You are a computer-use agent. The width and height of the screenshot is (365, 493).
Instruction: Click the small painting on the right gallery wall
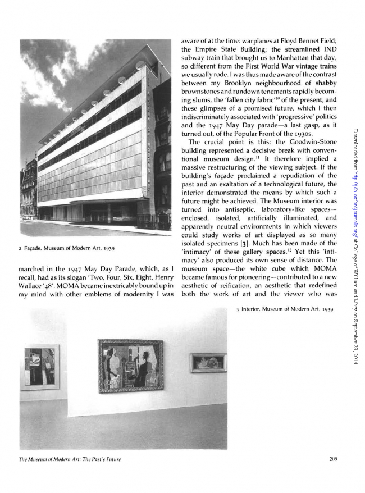click(208, 363)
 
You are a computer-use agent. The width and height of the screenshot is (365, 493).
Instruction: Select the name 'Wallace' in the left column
click(26, 291)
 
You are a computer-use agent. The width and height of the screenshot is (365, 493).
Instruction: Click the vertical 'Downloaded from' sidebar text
click(357, 236)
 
